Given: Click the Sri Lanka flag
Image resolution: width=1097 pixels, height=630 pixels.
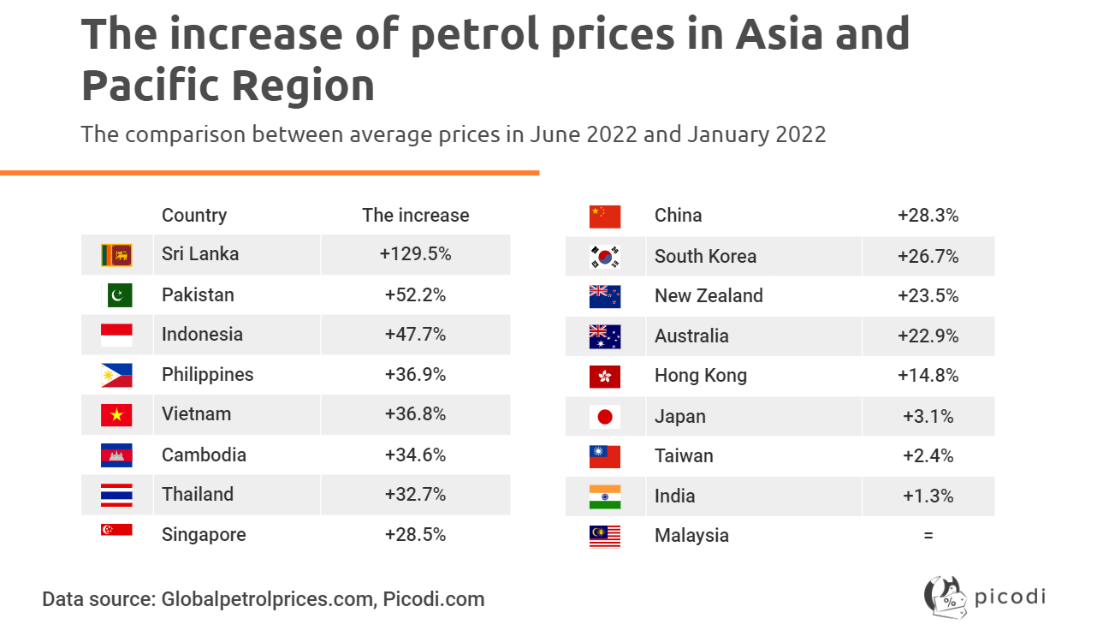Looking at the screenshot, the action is [116, 255].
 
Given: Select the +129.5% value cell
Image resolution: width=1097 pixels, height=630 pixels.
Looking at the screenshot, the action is [415, 253].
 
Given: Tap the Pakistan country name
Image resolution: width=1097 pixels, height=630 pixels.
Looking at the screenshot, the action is [198, 295].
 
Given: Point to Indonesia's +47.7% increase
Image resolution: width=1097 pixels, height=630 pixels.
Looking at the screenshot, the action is [415, 334].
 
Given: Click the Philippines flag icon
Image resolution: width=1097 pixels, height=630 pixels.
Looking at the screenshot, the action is [116, 375].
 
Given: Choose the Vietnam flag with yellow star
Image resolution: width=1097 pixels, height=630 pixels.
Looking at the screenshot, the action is [116, 415].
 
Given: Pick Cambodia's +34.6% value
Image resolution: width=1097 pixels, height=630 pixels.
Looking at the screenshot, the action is [415, 455].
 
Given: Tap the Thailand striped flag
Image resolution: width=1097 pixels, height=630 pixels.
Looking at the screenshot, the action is [116, 495].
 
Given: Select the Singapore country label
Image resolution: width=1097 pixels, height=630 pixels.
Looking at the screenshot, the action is [204, 534].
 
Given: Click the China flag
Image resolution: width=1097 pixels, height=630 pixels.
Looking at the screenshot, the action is [605, 217].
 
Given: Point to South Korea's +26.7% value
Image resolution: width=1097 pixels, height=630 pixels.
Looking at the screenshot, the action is [928, 256].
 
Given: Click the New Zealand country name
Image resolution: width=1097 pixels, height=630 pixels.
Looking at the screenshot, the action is [709, 295].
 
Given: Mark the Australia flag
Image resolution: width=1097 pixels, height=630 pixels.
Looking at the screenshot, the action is [605, 336].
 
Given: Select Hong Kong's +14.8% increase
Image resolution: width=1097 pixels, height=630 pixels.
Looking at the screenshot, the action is [928, 375].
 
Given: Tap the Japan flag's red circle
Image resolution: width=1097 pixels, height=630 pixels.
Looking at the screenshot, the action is [605, 417].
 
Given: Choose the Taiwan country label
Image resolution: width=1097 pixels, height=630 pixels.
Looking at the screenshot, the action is [684, 455].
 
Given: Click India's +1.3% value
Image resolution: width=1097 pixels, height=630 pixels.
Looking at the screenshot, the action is [928, 496].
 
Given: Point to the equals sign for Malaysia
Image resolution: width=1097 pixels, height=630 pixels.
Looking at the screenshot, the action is [928, 536].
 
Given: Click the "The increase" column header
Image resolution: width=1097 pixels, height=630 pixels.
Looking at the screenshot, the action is [415, 215].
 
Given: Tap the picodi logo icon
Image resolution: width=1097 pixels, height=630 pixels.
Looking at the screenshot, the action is [946, 597].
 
